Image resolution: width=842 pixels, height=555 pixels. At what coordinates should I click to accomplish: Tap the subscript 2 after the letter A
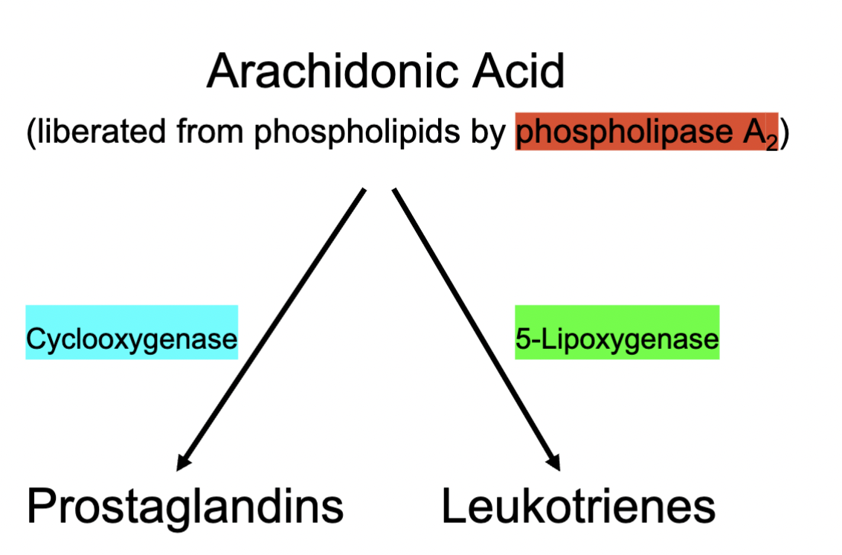(772, 143)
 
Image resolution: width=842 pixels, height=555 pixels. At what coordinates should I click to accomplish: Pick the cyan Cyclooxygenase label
(132, 339)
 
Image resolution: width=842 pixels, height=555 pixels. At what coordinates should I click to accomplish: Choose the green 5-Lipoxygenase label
(617, 339)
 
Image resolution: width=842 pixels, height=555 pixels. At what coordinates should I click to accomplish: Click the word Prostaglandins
(185, 506)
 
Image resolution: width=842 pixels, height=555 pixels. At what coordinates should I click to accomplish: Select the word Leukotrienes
(578, 506)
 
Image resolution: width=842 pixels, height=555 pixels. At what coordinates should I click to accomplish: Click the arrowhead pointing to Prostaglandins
(181, 463)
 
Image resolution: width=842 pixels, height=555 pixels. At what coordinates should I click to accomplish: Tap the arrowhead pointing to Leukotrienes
(554, 462)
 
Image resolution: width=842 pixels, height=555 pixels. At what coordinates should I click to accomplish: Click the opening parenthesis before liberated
(30, 134)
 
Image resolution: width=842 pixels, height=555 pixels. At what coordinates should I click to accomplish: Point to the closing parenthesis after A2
(783, 134)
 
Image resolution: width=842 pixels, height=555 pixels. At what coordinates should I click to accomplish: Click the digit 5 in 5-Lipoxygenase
(521, 339)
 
